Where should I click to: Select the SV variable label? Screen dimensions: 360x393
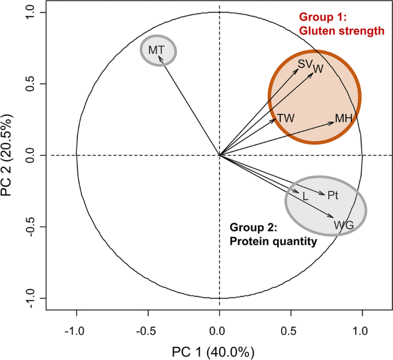coord(305,64)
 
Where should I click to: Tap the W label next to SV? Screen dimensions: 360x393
coord(318,69)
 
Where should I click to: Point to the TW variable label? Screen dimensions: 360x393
coord(286,118)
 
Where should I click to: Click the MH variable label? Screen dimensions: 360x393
coord(343,118)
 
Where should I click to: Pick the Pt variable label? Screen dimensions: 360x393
coord(333,196)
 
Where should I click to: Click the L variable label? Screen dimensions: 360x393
coord(305,196)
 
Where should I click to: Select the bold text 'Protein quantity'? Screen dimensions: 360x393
coord(273,242)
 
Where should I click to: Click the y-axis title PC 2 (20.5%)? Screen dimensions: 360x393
coord(10,155)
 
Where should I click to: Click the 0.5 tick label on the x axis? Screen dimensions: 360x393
coord(290,331)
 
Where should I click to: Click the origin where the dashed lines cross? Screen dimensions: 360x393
coord(219,155)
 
